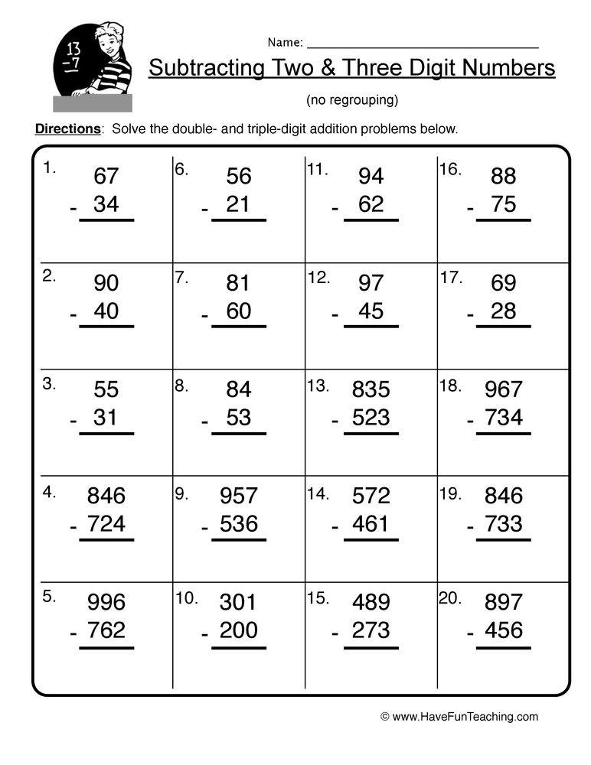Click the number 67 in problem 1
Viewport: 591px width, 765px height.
pos(106,177)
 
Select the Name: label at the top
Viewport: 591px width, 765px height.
pos(285,42)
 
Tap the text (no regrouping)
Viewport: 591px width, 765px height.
pos(352,100)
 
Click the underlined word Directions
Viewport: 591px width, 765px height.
pos(68,129)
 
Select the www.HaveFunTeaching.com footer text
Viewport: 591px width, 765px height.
pos(466,717)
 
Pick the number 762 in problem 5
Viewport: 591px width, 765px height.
pos(106,630)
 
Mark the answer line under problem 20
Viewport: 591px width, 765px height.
pos(503,648)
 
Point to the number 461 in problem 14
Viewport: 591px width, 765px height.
pos(371,524)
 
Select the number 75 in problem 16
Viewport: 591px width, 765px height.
pos(503,205)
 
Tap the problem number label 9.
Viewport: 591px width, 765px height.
pos(181,493)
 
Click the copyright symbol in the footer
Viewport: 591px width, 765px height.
pos(385,718)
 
